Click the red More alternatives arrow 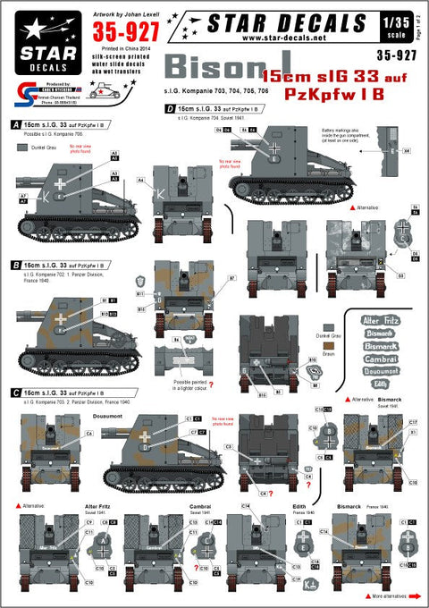pyautogui.click(x=366, y=593)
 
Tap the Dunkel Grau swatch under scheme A pyautogui.click(x=22, y=147)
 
